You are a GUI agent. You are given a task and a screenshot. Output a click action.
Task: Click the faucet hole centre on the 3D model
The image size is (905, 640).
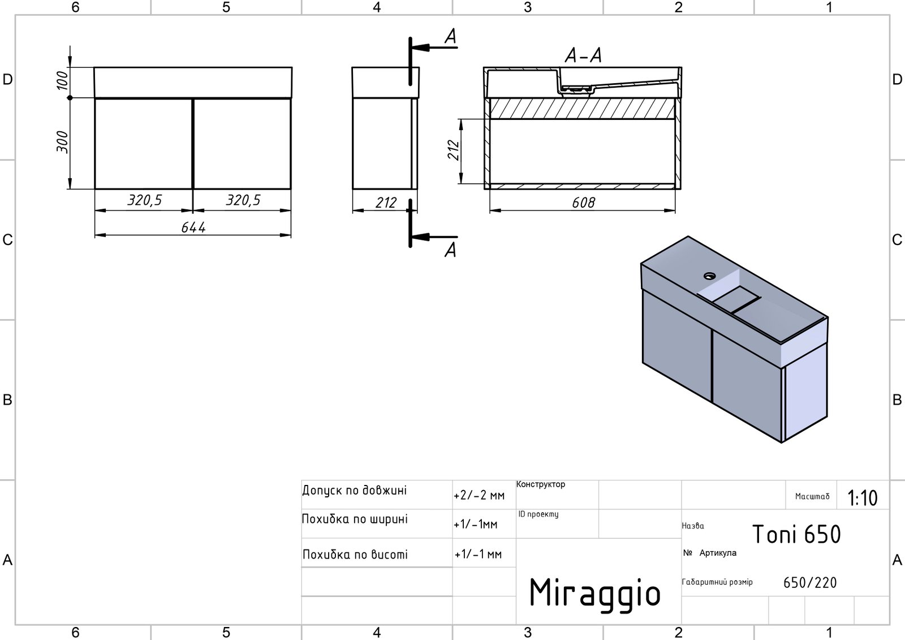coord(709,276)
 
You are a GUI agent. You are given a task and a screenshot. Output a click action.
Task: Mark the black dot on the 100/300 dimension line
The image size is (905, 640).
coord(70,98)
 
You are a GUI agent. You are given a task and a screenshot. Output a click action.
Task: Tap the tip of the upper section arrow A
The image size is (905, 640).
coord(412,48)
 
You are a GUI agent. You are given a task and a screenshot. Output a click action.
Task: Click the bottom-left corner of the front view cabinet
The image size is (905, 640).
coord(94,189)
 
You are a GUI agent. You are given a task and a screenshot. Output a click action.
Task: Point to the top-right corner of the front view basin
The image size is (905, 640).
coord(292,67)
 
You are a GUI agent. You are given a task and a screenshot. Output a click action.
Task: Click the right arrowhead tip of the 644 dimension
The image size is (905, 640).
coord(291,235)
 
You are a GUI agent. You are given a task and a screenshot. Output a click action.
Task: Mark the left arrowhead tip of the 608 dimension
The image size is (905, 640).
coord(490,211)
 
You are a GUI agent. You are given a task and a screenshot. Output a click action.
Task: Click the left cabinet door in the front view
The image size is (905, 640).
coord(144,144)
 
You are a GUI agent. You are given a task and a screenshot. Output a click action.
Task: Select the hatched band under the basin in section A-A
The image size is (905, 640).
coord(582,109)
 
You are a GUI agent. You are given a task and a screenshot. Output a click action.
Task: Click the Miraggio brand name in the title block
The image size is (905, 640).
coord(594,592)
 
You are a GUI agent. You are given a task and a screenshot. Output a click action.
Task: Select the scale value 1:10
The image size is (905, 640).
coord(862,498)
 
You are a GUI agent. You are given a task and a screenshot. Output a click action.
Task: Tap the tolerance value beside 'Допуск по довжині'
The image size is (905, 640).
coord(479,496)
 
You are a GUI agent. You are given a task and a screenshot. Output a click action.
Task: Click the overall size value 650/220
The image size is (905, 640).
coord(809,583)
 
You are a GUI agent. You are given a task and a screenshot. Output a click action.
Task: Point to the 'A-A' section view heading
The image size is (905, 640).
coord(583,55)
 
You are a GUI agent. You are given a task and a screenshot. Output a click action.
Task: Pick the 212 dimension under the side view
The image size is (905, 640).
coord(386,203)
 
